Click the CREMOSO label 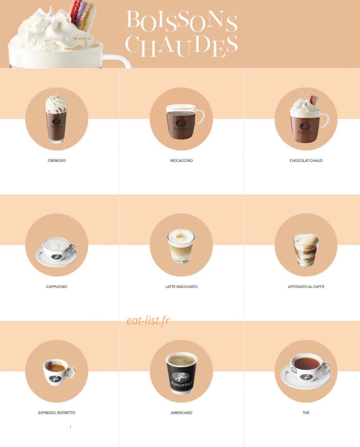[x=56, y=160]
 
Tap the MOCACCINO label [x=181, y=160]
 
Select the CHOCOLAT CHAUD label [x=306, y=160]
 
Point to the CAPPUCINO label [x=56, y=287]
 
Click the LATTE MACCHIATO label [x=181, y=287]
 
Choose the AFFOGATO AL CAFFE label [x=306, y=287]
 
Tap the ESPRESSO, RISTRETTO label [x=56, y=413]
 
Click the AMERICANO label [x=181, y=413]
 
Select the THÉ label [x=306, y=413]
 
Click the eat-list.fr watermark [x=148, y=321]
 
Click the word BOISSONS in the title [x=182, y=21]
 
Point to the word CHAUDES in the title [x=182, y=46]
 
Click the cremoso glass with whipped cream [x=56, y=119]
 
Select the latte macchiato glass [x=181, y=247]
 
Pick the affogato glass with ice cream [x=306, y=250]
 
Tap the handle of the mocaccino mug [x=200, y=117]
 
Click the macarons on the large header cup [x=83, y=15]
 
